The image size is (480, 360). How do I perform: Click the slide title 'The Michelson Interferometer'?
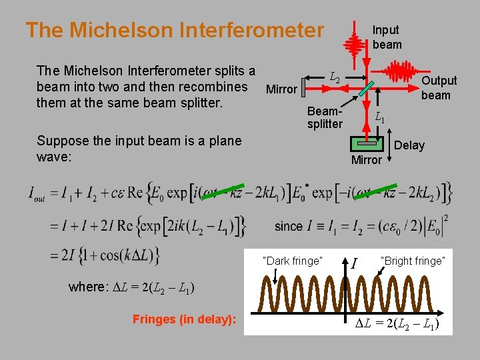point(174,30)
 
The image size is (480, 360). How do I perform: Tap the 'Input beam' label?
point(387,37)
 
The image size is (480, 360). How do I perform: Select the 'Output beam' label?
point(439,87)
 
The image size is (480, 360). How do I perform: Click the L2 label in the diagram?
point(335,78)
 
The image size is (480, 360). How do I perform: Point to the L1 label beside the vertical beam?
point(379,117)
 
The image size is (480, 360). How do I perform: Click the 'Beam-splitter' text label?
point(325,118)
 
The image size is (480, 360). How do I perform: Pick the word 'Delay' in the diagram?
point(409,145)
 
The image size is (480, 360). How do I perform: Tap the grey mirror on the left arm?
point(303,87)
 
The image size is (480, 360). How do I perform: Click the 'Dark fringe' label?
point(293,261)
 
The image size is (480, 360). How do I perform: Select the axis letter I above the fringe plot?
point(355,265)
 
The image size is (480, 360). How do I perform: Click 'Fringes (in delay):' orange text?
point(184,319)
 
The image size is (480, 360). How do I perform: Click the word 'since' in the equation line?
point(288,226)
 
